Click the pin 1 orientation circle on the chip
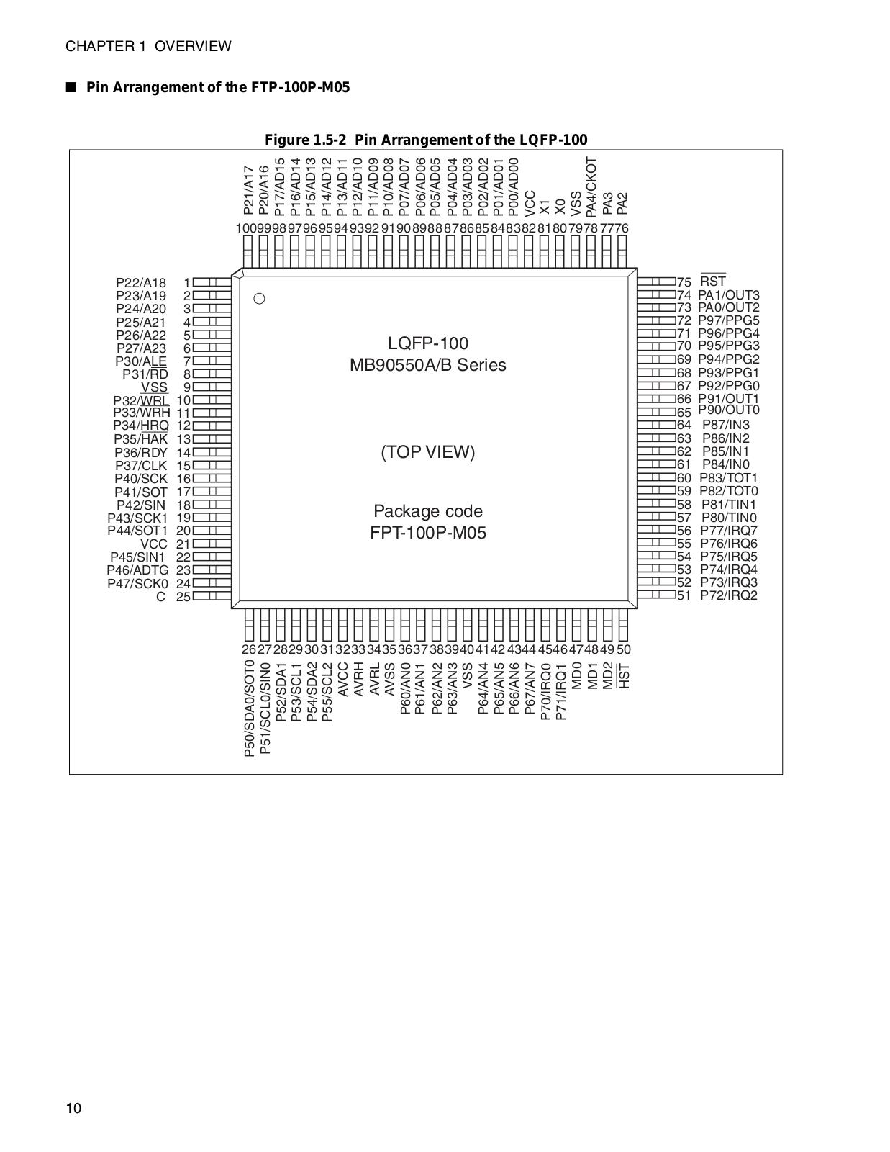[259, 298]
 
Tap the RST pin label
[713, 282]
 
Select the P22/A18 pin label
[141, 283]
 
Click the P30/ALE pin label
[141, 361]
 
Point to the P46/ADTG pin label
[137, 570]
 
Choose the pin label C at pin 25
[161, 597]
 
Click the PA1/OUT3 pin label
[729, 295]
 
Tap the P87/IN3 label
[726, 425]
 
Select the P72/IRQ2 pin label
[729, 595]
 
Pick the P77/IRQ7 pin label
[729, 531]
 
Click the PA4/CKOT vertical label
[591, 186]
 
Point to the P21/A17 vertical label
[248, 190]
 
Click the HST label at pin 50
[624, 676]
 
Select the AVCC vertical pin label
[343, 680]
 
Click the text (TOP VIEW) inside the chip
[428, 452]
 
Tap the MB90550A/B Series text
[428, 365]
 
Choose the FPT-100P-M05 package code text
[428, 534]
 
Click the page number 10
[74, 1108]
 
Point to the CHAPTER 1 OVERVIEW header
[149, 47]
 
